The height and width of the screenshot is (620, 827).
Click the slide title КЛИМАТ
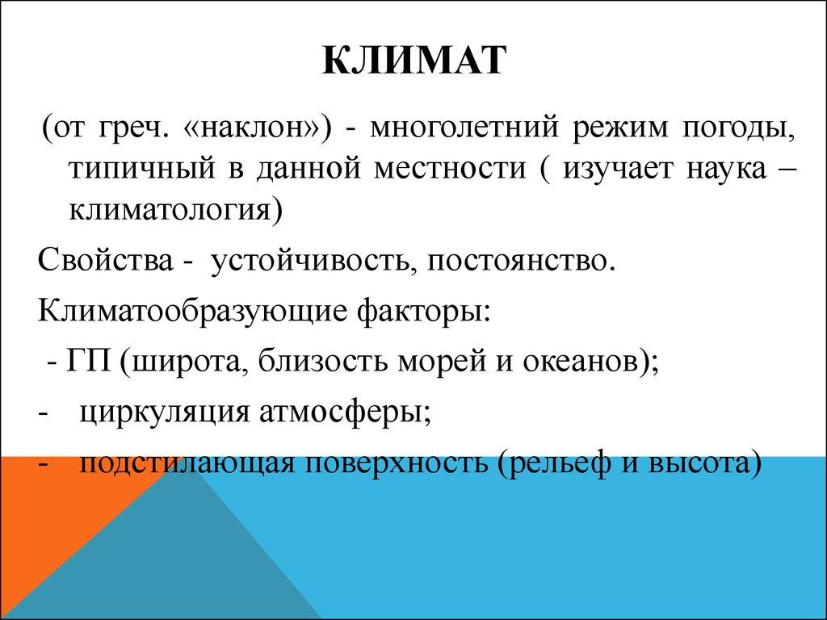(413, 62)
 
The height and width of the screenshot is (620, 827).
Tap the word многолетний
(453, 129)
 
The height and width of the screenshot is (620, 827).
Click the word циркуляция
(165, 413)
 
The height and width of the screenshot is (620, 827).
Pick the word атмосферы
(345, 413)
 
